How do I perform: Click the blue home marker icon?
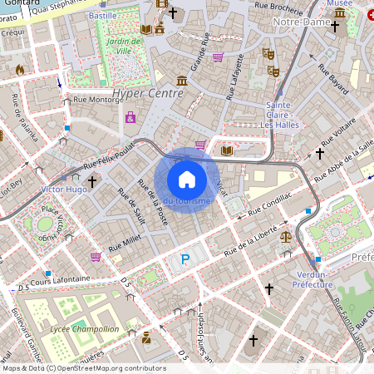(x=187, y=179)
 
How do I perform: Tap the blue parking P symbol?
(x=185, y=260)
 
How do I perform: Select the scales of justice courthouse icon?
(x=286, y=236)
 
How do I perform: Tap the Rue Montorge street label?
(x=97, y=100)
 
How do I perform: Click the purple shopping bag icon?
(x=130, y=118)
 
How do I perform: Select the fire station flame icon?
(x=19, y=70)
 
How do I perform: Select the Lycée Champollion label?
(x=83, y=329)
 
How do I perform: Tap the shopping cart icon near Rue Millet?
(x=96, y=257)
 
